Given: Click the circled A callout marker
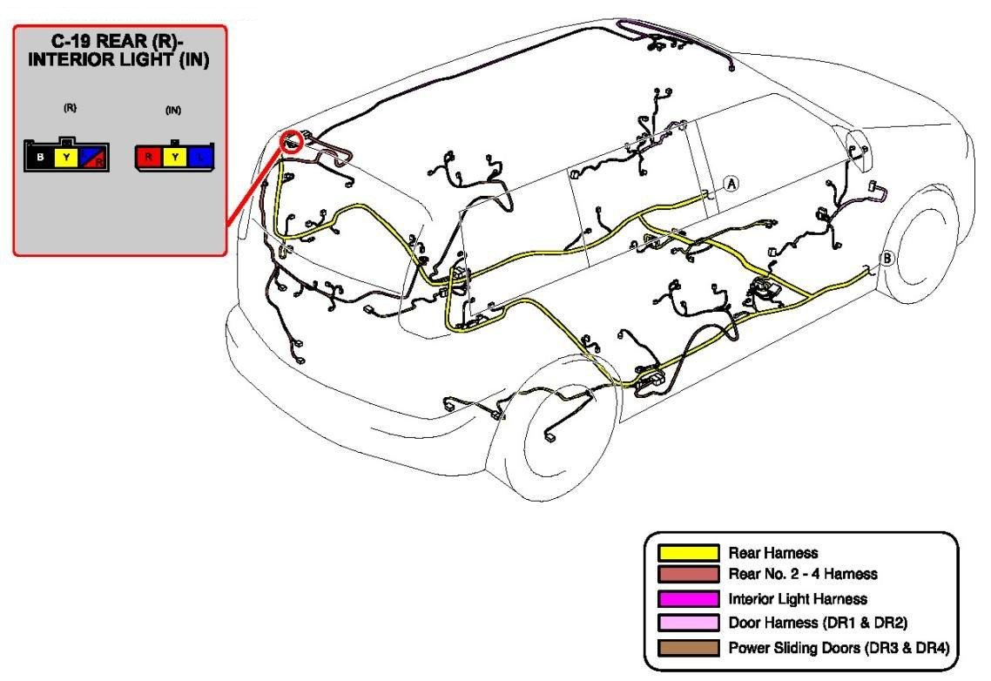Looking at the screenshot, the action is click(x=731, y=183).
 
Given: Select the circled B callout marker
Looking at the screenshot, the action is click(x=887, y=258).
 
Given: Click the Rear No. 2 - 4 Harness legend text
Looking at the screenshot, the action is click(x=802, y=574).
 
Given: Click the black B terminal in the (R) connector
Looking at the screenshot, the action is click(x=40, y=158).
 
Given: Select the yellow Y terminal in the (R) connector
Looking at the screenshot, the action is click(x=67, y=158).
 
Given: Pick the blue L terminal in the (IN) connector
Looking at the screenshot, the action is click(x=201, y=158).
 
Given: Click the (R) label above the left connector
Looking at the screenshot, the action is click(x=70, y=109).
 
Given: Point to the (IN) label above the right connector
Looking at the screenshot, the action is click(x=173, y=110).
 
